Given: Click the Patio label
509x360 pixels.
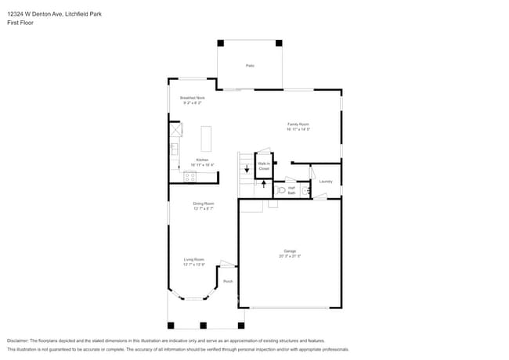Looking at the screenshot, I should click(x=249, y=66).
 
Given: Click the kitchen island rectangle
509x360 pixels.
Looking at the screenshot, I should click(x=207, y=139).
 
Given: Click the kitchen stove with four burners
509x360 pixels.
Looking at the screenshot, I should click(x=190, y=177).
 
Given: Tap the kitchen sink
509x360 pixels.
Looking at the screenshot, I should click(x=175, y=148).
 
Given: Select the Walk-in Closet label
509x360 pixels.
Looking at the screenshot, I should click(x=263, y=166).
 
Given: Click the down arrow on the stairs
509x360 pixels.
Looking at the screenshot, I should click(x=247, y=167).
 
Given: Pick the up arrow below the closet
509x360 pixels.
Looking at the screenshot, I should click(x=263, y=187).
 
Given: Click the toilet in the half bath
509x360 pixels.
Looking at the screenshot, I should click(x=281, y=190).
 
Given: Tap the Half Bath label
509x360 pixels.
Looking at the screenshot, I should click(x=291, y=190).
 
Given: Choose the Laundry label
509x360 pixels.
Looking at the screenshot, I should click(x=326, y=181).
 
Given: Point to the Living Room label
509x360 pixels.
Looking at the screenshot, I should click(x=193, y=261).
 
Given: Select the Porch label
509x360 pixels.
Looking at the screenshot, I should click(x=228, y=281).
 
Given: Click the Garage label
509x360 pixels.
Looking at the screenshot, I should click(x=290, y=253).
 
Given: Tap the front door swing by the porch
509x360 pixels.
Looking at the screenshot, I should click(x=226, y=265).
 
